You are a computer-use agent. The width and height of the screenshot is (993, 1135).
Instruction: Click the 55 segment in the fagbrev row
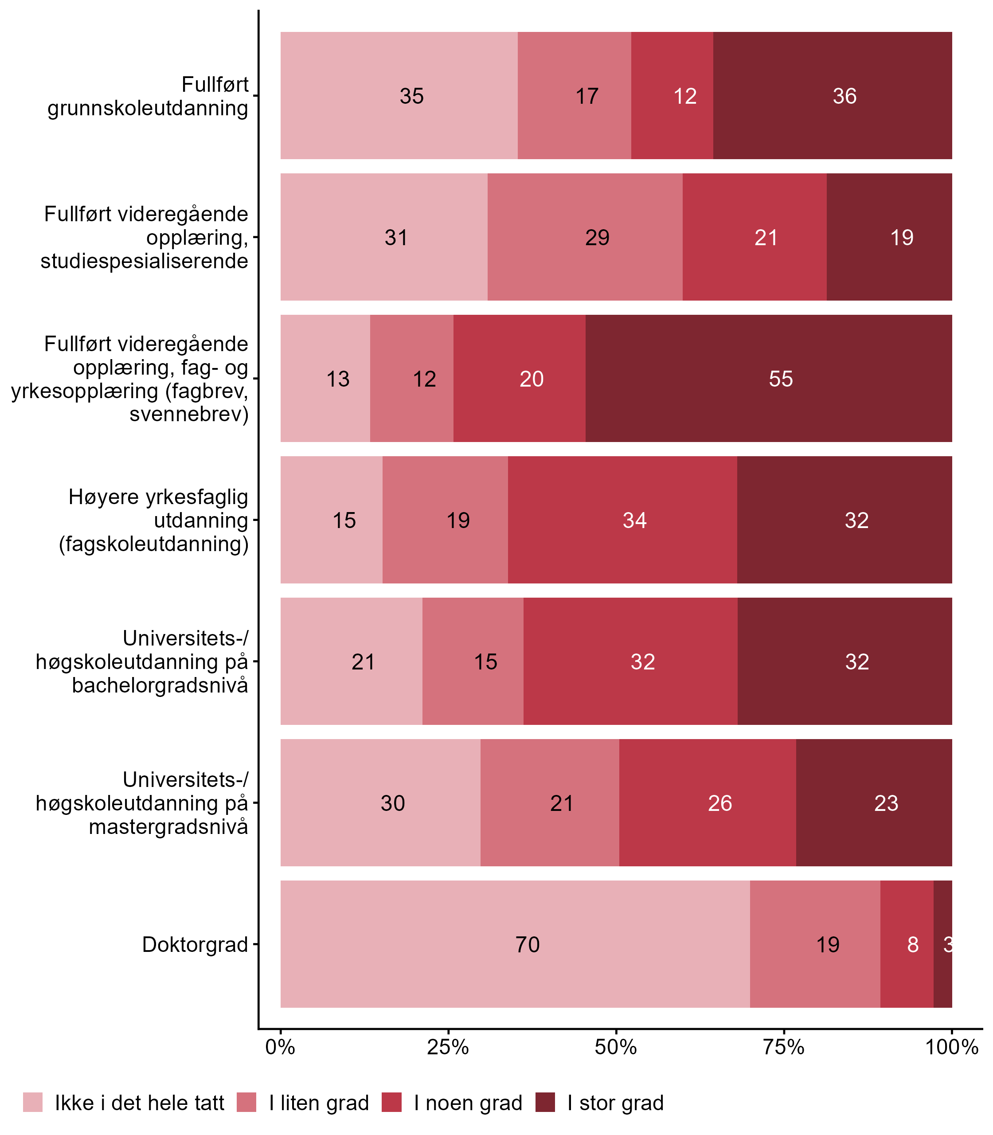coord(769,379)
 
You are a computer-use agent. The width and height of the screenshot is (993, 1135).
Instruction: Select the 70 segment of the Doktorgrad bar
coord(515,944)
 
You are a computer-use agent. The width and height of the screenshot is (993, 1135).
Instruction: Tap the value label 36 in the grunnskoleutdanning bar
coord(844,96)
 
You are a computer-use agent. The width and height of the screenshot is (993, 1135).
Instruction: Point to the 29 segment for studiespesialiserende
coord(585,237)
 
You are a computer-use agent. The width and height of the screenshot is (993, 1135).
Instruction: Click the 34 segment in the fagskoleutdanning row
coord(622,520)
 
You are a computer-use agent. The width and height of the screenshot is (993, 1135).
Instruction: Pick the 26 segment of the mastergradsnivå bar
coord(708,803)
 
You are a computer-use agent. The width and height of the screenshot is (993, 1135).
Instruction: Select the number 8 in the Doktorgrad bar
coord(913,944)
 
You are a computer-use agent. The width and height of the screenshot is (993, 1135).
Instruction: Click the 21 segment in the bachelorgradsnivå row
coord(351,661)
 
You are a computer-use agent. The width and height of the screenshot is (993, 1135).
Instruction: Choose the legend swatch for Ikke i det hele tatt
coord(33,1102)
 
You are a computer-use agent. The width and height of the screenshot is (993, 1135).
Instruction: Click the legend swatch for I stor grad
coord(545,1102)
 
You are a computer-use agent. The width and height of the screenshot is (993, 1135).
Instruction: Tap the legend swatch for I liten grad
coord(246,1102)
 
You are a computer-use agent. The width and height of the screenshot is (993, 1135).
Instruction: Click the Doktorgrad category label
coord(195,944)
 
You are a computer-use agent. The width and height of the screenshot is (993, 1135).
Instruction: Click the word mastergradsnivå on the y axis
coord(168,827)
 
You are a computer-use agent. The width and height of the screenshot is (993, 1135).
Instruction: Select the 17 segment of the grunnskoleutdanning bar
coord(574,96)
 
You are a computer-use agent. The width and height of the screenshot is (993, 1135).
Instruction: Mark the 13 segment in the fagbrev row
coord(325,379)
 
